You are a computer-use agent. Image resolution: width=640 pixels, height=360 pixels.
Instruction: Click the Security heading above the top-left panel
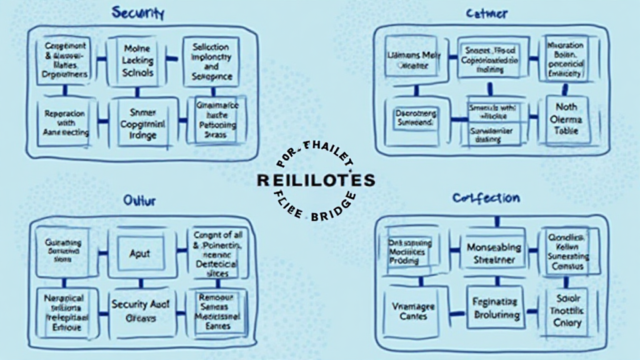137,12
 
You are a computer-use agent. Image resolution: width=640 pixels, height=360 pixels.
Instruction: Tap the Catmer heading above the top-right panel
486,13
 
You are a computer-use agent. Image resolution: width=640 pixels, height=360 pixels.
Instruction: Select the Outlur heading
139,201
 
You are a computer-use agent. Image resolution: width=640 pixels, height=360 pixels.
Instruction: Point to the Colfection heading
486,199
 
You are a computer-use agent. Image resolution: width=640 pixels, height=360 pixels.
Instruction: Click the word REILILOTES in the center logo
316,181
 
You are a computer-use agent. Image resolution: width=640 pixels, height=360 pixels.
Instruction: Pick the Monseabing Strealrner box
493,252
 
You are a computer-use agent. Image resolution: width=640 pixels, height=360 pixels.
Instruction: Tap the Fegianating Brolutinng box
493,309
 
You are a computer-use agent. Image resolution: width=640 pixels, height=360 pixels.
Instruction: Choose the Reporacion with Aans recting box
64,123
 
